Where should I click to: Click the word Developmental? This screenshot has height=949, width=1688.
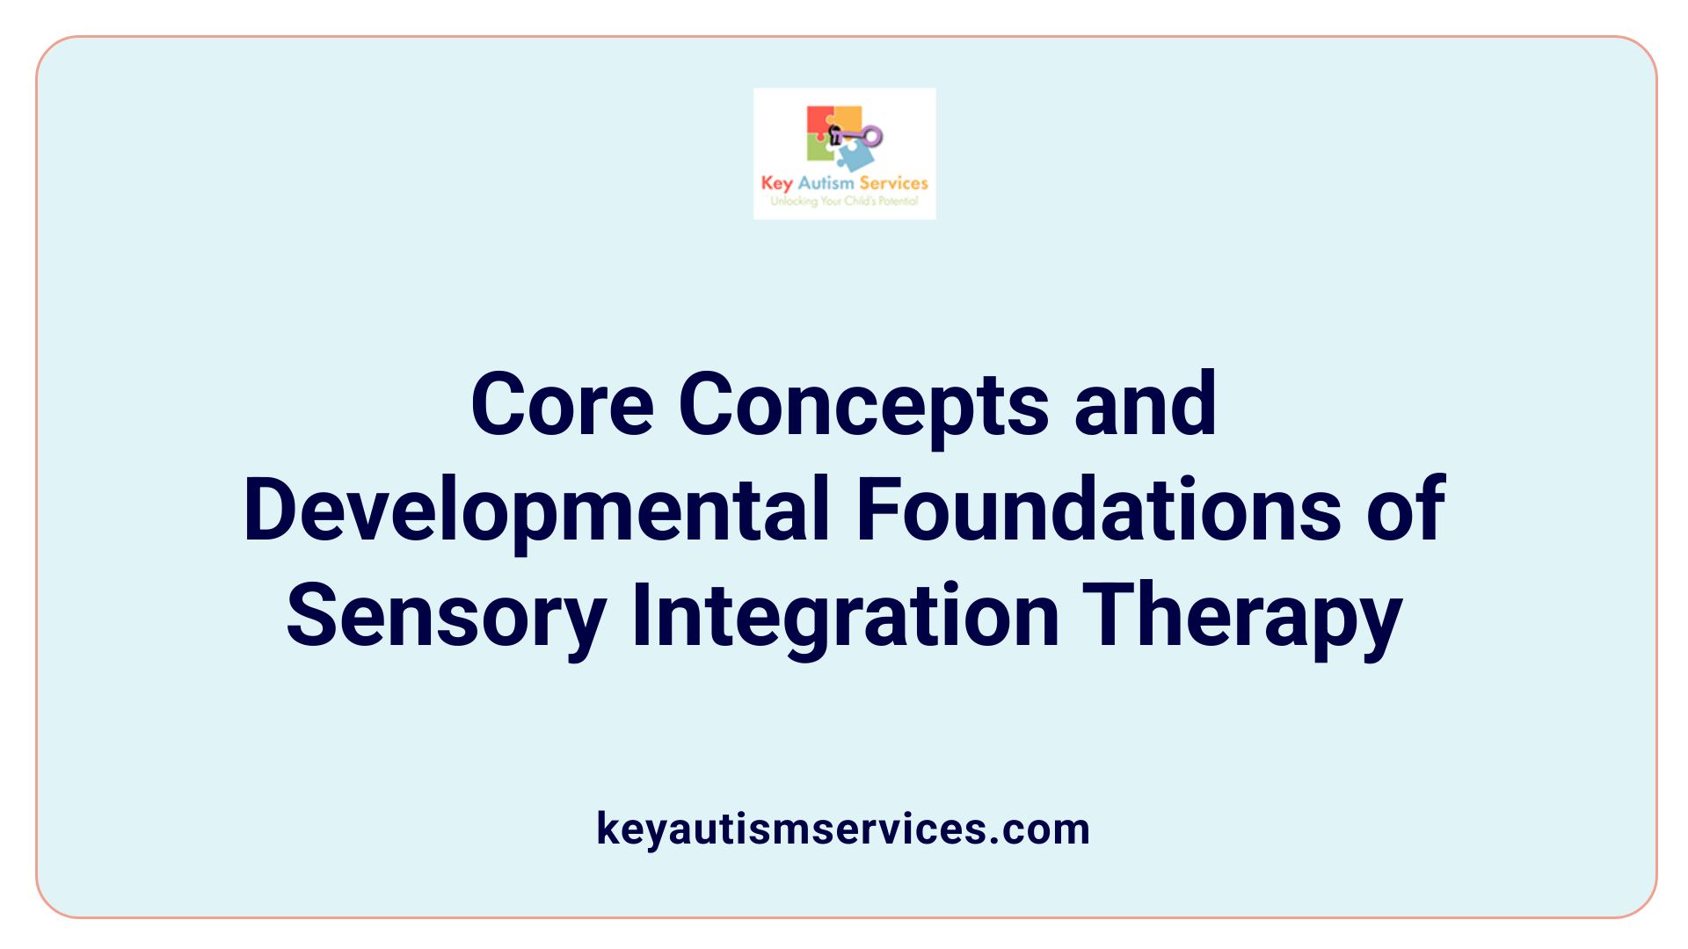536,510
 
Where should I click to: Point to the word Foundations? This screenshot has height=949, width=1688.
1098,510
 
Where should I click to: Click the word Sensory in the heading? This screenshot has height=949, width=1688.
446,615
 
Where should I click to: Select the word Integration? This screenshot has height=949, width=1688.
845,615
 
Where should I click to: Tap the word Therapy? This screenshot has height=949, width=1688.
1241,615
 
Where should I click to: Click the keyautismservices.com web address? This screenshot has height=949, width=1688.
843,829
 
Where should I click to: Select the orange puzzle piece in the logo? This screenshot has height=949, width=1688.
848,119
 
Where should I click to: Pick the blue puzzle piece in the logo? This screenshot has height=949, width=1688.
855,156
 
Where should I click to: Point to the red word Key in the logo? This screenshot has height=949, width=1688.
777,184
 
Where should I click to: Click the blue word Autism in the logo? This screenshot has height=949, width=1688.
826,184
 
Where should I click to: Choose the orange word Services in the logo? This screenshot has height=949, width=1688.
893,184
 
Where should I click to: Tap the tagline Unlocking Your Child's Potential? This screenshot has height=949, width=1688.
844,201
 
